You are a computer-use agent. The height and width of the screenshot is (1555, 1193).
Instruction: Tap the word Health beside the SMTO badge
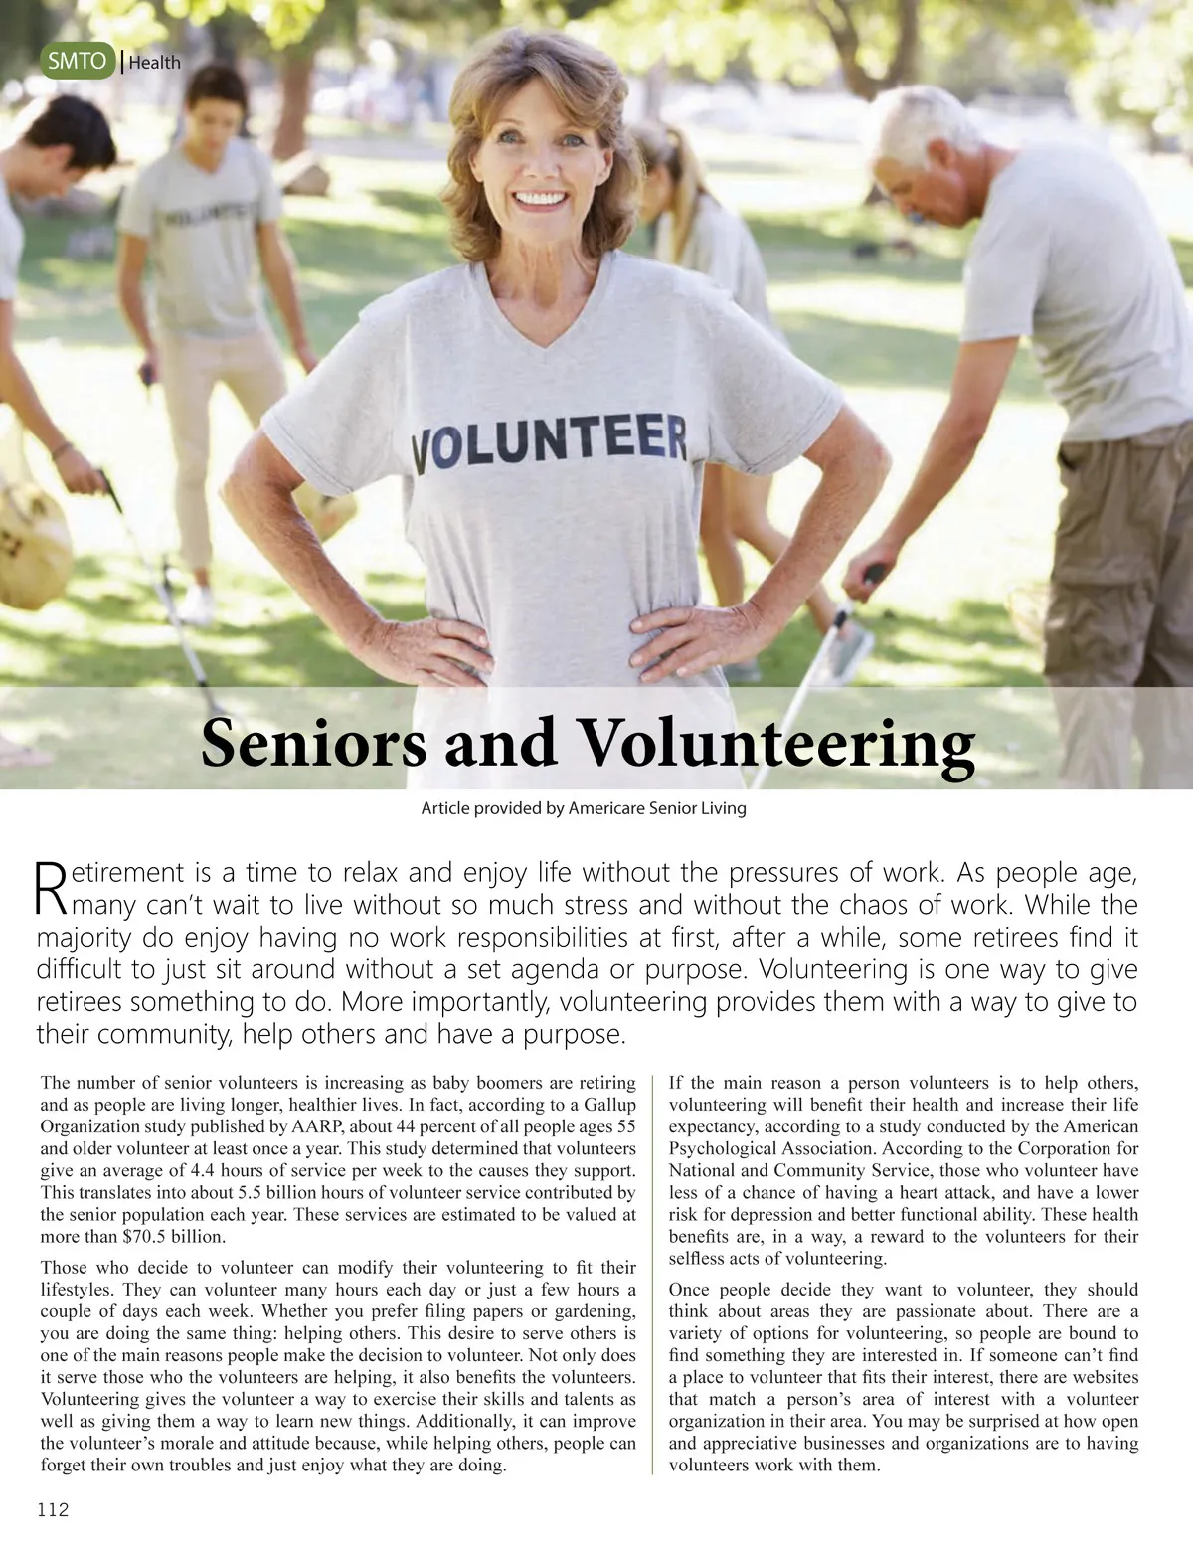click(154, 62)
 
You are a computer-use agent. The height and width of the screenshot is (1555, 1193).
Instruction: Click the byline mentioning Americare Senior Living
click(584, 808)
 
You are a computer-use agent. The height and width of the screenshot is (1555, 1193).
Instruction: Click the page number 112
click(53, 1510)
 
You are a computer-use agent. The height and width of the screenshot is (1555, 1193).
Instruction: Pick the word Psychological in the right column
click(730, 1148)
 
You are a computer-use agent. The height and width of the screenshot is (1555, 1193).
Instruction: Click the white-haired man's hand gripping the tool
click(865, 582)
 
